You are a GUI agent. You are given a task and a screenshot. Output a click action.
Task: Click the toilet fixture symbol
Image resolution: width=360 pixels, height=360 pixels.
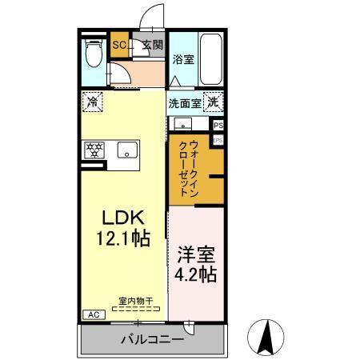pos(93,56)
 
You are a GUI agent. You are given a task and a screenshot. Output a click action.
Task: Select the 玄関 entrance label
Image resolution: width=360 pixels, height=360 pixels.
pos(152,46)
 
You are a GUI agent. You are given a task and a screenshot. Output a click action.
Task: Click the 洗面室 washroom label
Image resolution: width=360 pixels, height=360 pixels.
pos(184,102)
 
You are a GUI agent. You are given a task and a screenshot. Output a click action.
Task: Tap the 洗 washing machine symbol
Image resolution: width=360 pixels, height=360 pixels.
pos(213,102)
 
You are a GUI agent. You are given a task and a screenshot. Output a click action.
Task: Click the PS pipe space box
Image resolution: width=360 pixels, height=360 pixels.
pos(218,126)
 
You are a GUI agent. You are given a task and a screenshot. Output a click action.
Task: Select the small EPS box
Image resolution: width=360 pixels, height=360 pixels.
pos(217,140)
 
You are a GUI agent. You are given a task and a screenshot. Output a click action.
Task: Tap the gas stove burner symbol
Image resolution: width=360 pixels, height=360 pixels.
pos(94,149)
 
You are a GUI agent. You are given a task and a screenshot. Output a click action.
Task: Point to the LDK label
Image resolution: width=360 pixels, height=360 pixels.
pos(121,216)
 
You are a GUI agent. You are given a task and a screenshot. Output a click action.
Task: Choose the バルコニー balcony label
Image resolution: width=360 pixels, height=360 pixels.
pos(152,339)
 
